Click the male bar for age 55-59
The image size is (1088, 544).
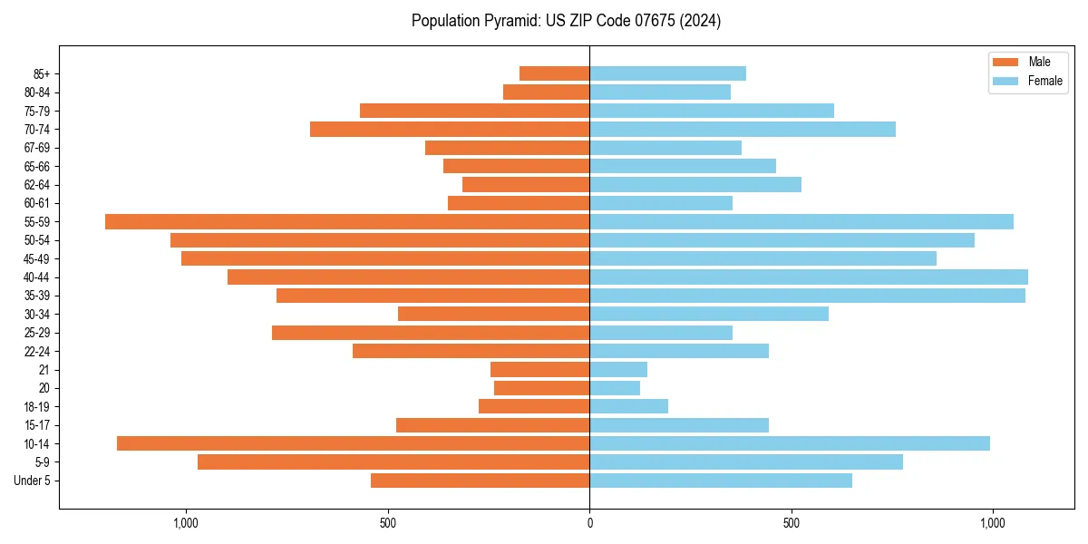pyautogui.click(x=347, y=221)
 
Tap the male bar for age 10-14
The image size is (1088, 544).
pyautogui.click(x=354, y=443)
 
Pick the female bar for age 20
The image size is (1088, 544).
pyautogui.click(x=615, y=388)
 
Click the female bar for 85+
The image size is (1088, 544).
pyautogui.click(x=667, y=73)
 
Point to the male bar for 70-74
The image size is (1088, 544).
pyautogui.click(x=450, y=129)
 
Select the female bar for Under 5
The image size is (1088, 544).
pyautogui.click(x=721, y=481)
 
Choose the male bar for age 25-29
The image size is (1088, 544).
pyautogui.click(x=431, y=333)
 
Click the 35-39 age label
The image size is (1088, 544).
pyautogui.click(x=37, y=296)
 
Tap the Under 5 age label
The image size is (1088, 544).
pyautogui.click(x=32, y=481)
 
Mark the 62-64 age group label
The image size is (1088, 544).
pyautogui.click(x=37, y=184)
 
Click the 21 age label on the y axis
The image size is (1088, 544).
pyautogui.click(x=44, y=370)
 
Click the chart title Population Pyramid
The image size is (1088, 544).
pyautogui.click(x=566, y=21)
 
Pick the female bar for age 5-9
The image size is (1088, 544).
pyautogui.click(x=746, y=461)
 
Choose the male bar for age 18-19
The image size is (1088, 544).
pyautogui.click(x=534, y=406)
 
